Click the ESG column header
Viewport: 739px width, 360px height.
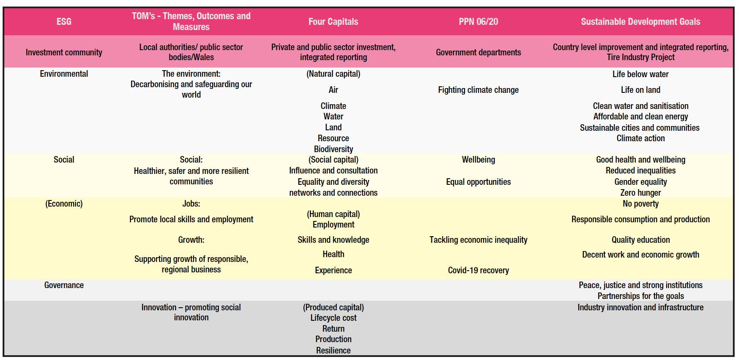[64, 22]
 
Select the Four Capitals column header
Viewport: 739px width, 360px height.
[333, 22]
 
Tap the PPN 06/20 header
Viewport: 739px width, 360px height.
[478, 22]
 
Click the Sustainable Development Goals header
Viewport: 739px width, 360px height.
[641, 22]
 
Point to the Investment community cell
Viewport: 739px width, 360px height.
[64, 52]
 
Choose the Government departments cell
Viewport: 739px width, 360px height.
[478, 52]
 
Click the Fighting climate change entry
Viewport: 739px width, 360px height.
[478, 90]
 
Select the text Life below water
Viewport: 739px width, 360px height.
[641, 74]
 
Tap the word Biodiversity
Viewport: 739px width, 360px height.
[333, 149]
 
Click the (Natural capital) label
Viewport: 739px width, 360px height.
[333, 74]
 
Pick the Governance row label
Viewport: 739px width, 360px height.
[64, 285]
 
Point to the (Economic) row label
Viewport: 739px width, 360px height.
[64, 204]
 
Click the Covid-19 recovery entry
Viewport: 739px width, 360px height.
[478, 271]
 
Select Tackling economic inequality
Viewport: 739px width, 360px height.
[478, 240]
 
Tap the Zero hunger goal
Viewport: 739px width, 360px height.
[641, 193]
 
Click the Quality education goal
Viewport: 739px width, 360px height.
[641, 240]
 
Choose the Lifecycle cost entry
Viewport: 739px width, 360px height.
[333, 318]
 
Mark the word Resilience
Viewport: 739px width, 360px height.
[333, 350]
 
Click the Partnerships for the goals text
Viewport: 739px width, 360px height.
[641, 296]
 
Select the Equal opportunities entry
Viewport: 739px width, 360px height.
[478, 182]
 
